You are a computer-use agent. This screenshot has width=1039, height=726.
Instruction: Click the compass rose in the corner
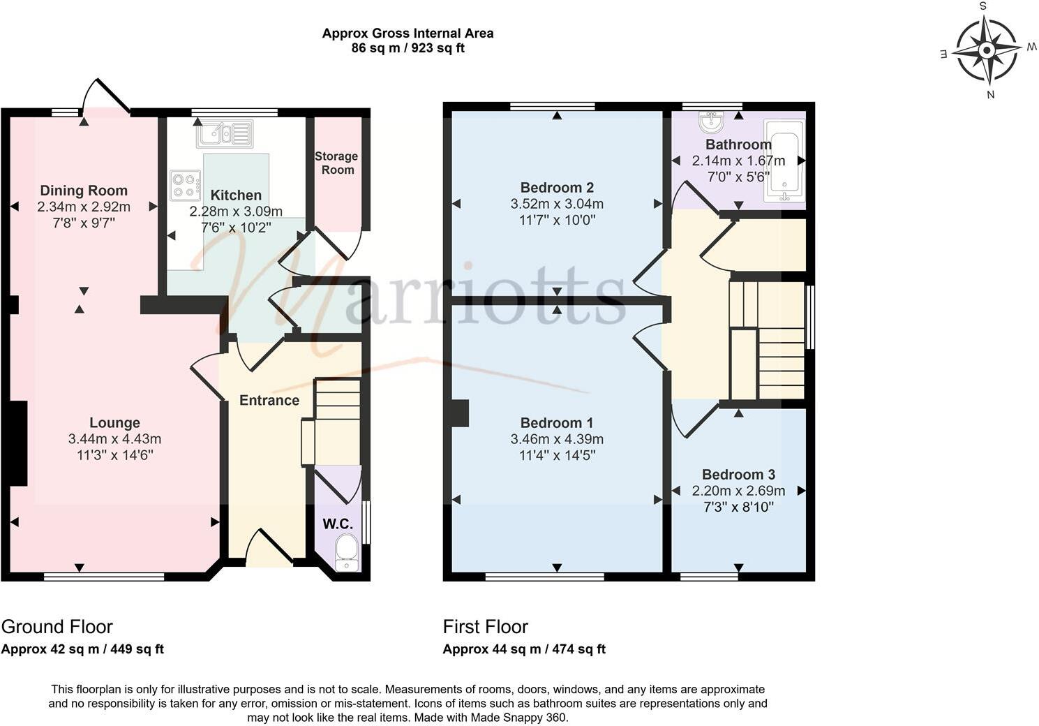(987, 50)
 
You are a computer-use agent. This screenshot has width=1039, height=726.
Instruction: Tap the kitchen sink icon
(224, 133)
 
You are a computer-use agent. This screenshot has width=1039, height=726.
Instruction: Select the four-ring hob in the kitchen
(185, 185)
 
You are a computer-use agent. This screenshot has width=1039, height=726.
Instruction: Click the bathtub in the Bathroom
(784, 161)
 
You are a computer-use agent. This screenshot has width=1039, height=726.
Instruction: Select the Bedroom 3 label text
(738, 475)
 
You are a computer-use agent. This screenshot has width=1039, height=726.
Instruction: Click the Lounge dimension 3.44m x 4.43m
(114, 439)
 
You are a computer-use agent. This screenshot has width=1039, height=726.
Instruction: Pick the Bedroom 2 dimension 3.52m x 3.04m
(557, 204)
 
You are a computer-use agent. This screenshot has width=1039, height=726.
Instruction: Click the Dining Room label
(84, 191)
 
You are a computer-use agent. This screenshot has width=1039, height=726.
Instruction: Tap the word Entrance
(269, 400)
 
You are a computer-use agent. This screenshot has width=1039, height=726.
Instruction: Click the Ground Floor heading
(57, 626)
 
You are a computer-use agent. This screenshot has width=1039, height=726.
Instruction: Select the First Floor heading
(486, 626)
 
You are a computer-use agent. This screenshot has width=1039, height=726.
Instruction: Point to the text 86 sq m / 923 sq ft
(408, 48)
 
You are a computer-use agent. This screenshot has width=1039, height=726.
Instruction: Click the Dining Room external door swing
(105, 96)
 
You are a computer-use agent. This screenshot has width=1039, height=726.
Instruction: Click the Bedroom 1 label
(557, 423)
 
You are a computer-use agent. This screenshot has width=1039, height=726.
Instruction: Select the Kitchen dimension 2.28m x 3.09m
(236, 212)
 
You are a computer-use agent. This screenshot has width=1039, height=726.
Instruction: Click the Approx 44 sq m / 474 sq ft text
(524, 649)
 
